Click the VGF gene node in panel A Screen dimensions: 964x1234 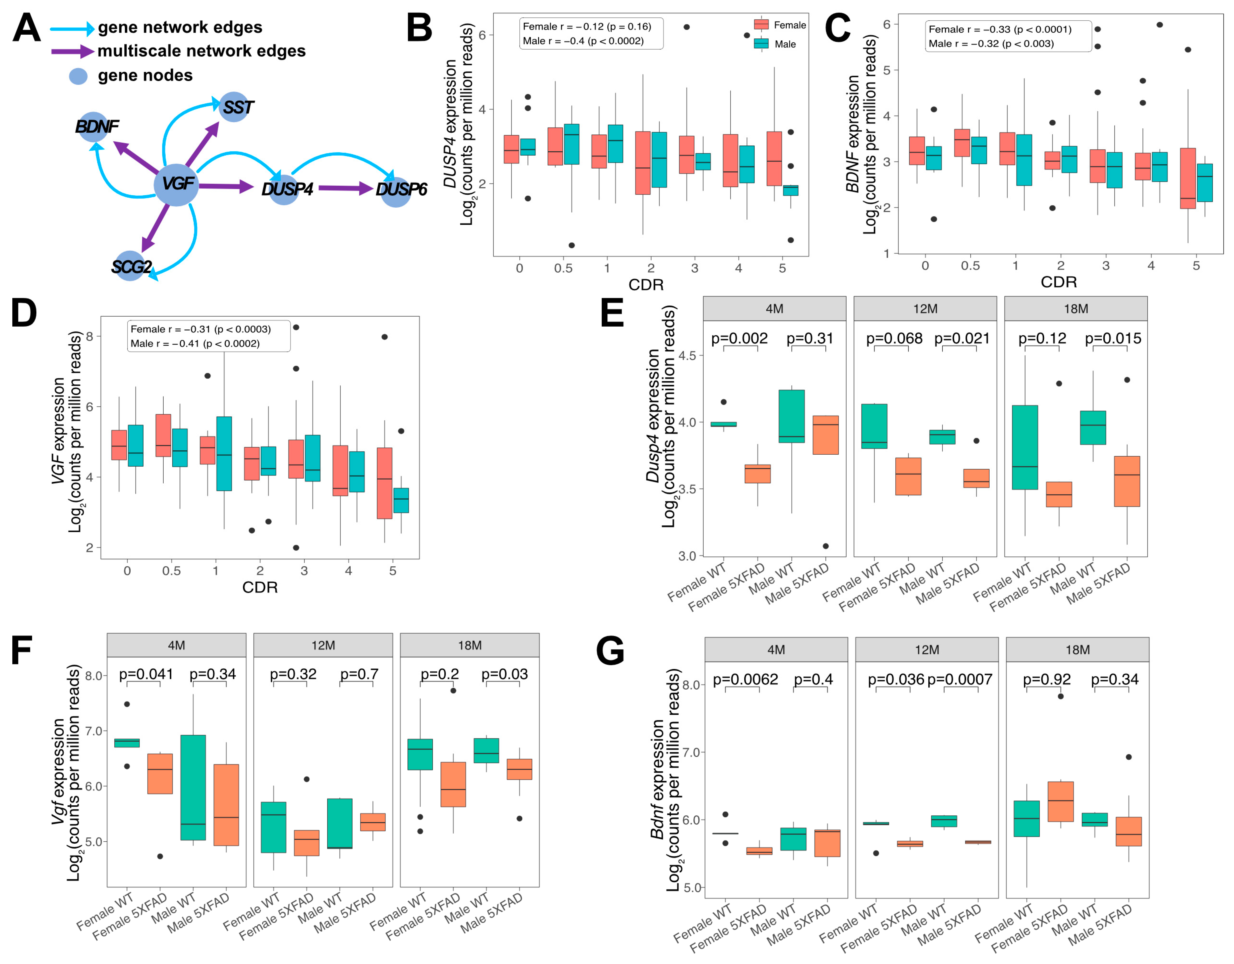176,184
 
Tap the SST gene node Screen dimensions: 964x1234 233,107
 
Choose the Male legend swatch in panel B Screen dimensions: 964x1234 761,44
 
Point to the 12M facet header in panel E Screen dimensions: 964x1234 925,309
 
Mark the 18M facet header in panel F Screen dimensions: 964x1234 470,645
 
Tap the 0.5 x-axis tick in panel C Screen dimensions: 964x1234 970,266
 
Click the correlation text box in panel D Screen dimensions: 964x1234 209,336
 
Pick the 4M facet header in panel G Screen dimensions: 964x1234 776,650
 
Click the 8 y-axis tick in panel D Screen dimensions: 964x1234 89,336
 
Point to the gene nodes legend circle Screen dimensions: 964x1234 78,76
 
